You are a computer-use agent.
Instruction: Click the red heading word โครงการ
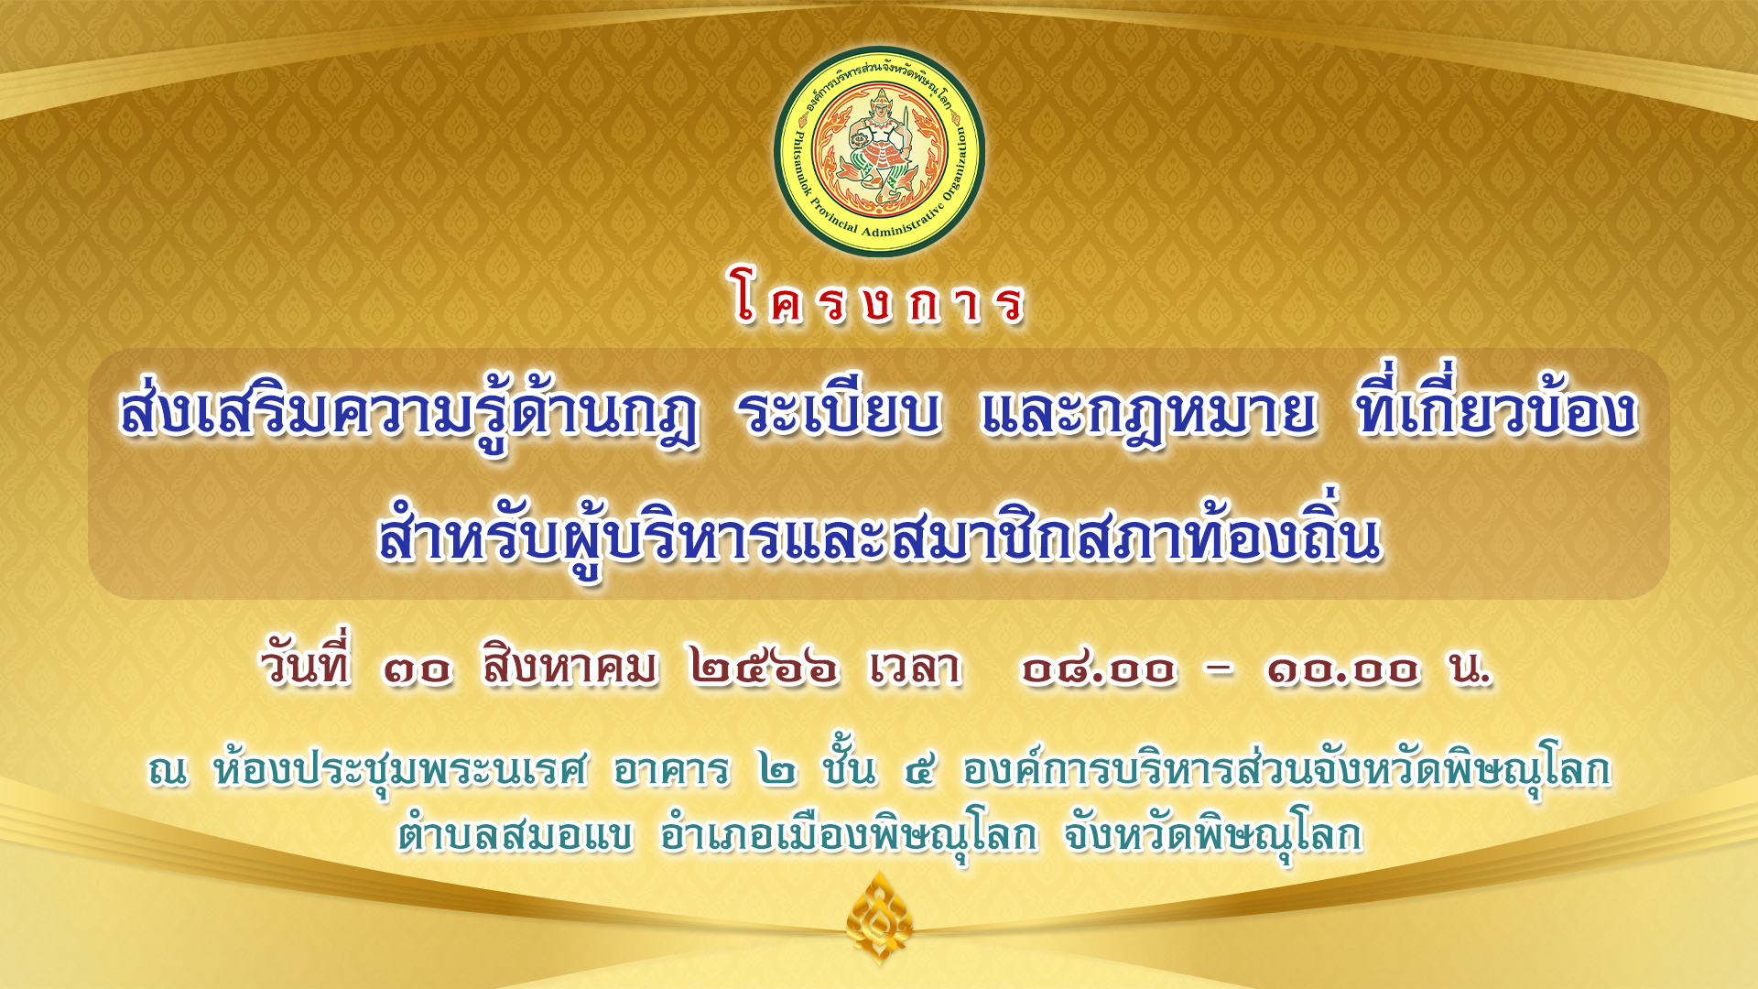coord(879,298)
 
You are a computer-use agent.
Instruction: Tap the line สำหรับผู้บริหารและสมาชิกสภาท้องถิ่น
coord(879,535)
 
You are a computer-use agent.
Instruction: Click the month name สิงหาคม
coord(570,666)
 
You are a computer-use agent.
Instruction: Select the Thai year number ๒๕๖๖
coord(764,668)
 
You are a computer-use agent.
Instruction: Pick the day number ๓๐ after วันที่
coord(417,669)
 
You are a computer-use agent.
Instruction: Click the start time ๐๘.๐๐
coord(1099,669)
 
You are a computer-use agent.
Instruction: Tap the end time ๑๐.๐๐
coord(1343,669)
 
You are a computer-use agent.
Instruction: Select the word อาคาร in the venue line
coord(671,770)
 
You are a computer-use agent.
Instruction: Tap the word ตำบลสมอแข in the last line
coord(515,834)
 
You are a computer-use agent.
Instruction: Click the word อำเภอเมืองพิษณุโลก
coord(848,834)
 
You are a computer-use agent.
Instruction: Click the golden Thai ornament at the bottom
coord(879,918)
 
